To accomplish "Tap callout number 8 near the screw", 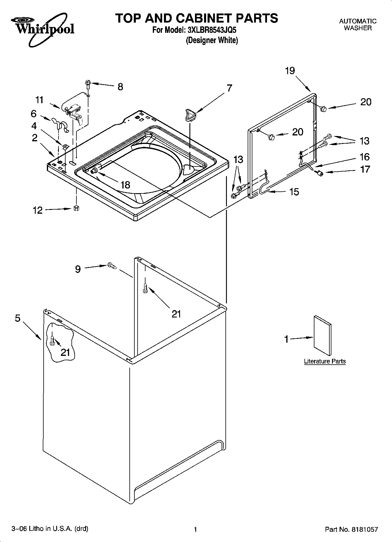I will coord(120,87).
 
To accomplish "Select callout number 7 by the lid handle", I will coord(229,88).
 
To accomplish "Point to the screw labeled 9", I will coord(112,266).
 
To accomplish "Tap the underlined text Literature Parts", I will coord(325,361).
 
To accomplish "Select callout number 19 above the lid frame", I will coord(290,71).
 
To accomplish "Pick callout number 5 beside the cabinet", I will coord(18,318).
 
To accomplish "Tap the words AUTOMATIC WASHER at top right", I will coord(357,25).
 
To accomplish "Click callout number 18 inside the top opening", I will coord(125,185).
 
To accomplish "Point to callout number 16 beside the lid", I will coord(364,157).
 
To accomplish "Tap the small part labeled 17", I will coord(320,174).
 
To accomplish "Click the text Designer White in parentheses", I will coord(212,40).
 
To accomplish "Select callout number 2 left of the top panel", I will coord(35,138).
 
